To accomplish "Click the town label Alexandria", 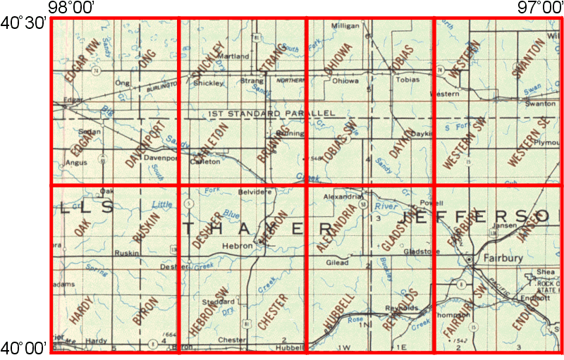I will (342, 198).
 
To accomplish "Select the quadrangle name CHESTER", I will (274, 313).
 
